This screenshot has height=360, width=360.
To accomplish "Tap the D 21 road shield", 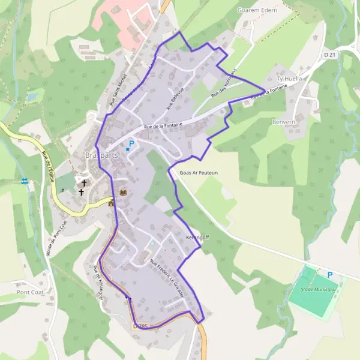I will coord(329,55).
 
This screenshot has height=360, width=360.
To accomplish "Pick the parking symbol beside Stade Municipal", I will coord(329,275).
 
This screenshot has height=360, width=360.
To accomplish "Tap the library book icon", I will coord(124,193).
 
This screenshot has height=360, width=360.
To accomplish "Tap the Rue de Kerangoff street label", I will coord(97,283).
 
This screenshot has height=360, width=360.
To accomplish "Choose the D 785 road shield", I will coord(139,326).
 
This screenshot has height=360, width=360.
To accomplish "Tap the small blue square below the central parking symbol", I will coord(128,149).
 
